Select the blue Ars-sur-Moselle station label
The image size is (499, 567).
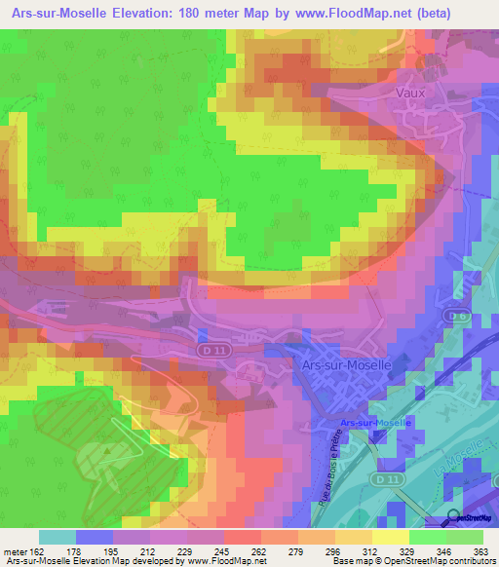click(x=377, y=423)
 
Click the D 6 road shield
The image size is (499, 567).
click(x=455, y=316)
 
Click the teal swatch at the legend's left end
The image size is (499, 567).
click(x=58, y=537)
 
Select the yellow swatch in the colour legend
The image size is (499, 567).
click(x=391, y=537)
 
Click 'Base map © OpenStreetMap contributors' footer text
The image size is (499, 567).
click(x=411, y=562)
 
